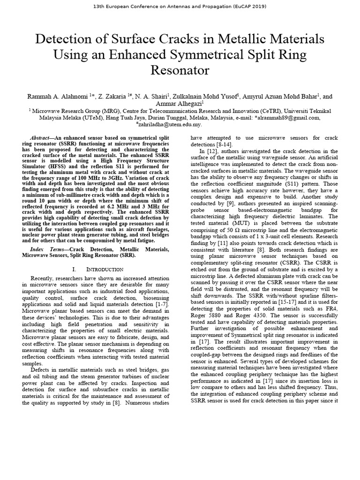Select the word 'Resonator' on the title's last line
coord(180,70)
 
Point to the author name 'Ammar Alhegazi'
coord(179,104)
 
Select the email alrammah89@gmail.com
coord(289,118)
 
